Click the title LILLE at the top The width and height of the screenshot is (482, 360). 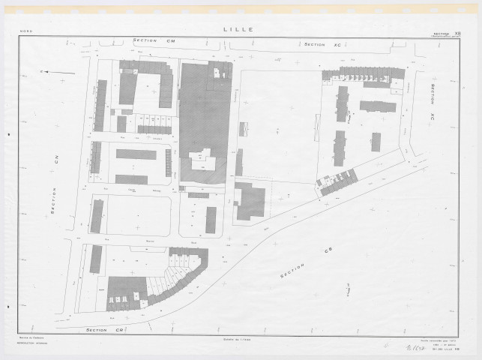(x=238, y=30)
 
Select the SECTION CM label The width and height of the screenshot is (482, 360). (x=153, y=40)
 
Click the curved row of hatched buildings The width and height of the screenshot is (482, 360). (x=180, y=277)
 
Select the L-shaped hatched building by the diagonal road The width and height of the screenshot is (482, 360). (x=250, y=200)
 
